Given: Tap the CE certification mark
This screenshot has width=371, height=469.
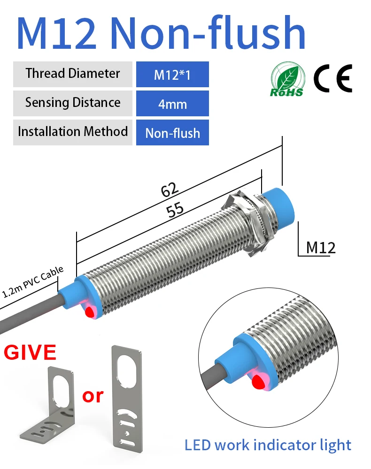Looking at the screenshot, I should tap(332, 78).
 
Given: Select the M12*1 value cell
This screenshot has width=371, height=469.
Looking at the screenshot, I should tap(172, 74).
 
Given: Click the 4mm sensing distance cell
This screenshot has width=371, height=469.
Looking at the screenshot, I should tap(172, 104).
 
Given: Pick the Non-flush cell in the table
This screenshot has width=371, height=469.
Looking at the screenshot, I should tap(172, 133).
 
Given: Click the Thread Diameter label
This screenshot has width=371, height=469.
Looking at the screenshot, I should tap(73, 74).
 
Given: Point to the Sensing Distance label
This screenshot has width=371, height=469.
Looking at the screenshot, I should tap(73, 103).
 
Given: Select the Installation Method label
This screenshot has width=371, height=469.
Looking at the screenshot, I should tap(73, 131).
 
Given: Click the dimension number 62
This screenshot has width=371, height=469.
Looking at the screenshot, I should tap(170, 189).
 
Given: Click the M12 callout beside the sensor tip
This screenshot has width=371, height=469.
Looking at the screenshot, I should tap(321, 247).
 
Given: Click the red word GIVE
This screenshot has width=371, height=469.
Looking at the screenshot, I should tap(30, 352).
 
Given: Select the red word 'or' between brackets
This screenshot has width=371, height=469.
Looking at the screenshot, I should tap(93, 396).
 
